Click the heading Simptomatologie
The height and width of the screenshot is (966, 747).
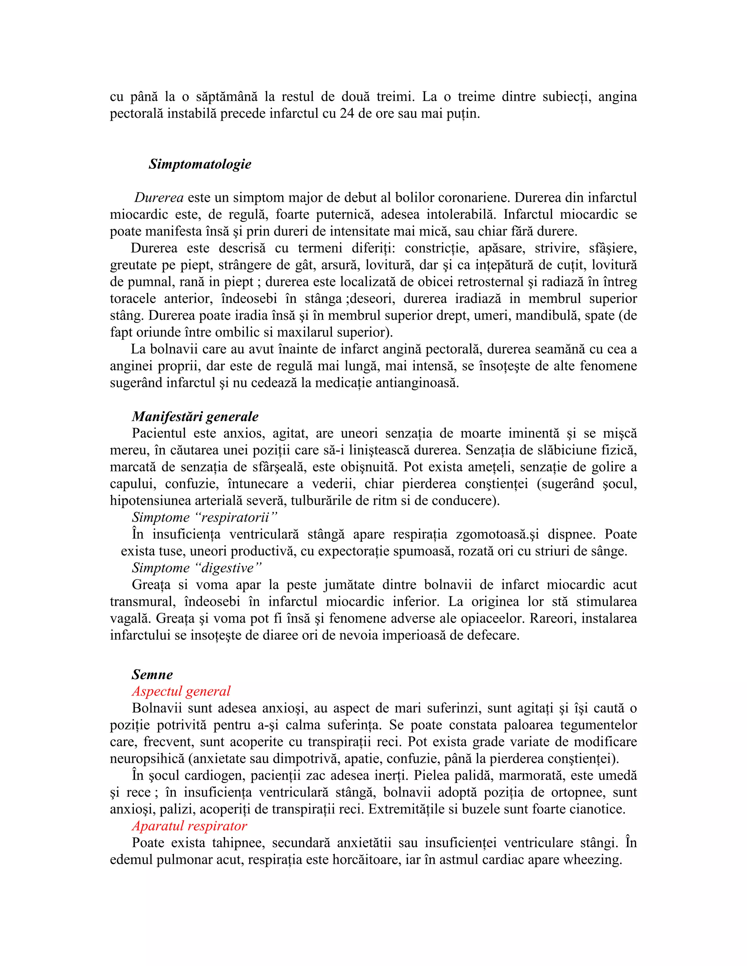click(x=200, y=164)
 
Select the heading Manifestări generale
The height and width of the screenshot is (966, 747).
click(x=195, y=417)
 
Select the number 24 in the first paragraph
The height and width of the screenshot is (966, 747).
click(x=347, y=114)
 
